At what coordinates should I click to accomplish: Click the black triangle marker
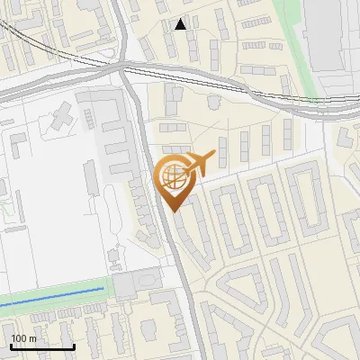(x=181, y=24)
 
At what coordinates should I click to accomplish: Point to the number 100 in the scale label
(x=21, y=338)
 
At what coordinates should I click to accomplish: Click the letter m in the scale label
(x=33, y=338)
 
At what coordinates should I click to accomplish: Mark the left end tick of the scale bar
(x=11, y=345)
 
